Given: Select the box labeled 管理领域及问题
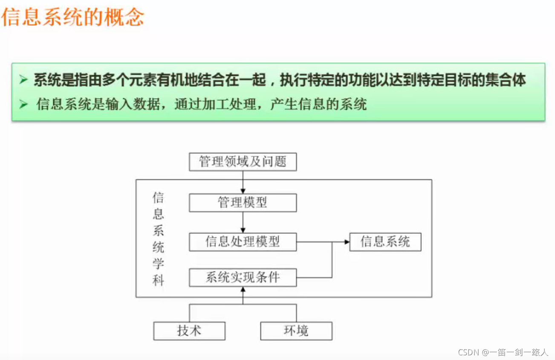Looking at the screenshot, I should [243, 162].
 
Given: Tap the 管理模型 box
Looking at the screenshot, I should [243, 202].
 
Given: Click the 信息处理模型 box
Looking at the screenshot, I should [243, 242].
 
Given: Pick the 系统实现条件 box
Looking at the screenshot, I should [243, 278].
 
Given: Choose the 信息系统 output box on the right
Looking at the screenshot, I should [385, 242].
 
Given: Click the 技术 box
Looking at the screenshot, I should [189, 331].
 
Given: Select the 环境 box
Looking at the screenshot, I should [296, 331].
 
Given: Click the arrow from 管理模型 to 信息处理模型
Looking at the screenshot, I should [243, 222].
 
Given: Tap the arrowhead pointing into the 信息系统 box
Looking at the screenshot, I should [347, 242].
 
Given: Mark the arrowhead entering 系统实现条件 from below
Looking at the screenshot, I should [243, 290].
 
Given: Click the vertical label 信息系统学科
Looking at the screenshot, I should [158, 239].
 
